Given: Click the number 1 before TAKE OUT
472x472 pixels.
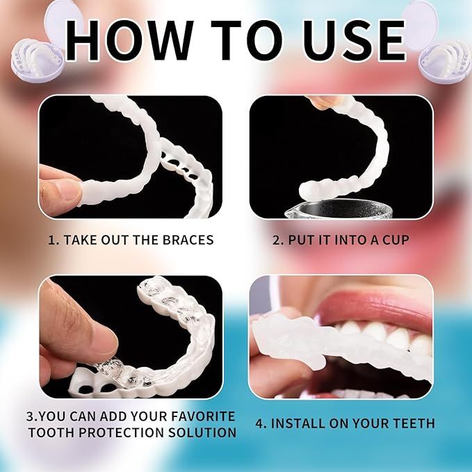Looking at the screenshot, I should tap(51, 240).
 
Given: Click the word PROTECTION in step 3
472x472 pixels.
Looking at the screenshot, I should tap(128, 432).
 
